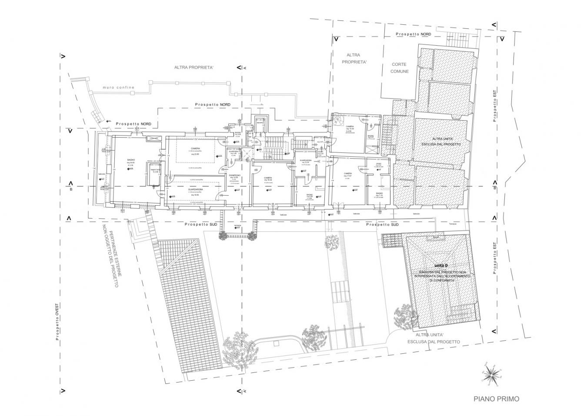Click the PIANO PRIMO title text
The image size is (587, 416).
click(x=496, y=399)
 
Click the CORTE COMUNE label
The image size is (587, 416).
click(x=399, y=68)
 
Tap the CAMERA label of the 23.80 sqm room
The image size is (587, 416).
click(x=195, y=149)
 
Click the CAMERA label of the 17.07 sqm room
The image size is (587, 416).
click(x=348, y=173)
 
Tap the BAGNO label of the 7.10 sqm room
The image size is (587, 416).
click(x=379, y=193)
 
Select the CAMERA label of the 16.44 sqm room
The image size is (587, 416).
click(x=268, y=178)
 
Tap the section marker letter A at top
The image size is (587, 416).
click(x=245, y=68)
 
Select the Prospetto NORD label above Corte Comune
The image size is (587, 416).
click(x=413, y=34)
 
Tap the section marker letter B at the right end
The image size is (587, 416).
click(x=494, y=188)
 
